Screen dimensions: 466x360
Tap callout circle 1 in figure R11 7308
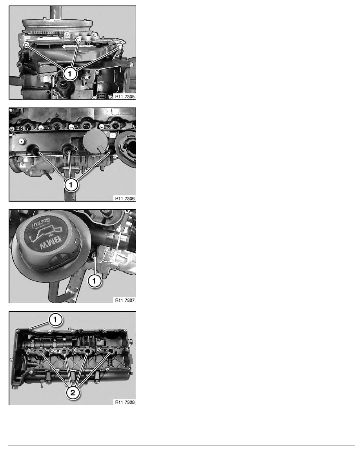tap(56, 320)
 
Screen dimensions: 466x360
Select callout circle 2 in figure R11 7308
tap(73, 392)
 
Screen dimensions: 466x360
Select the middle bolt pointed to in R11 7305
tap(78, 40)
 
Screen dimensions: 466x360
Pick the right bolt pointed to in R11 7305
tap(119, 47)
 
